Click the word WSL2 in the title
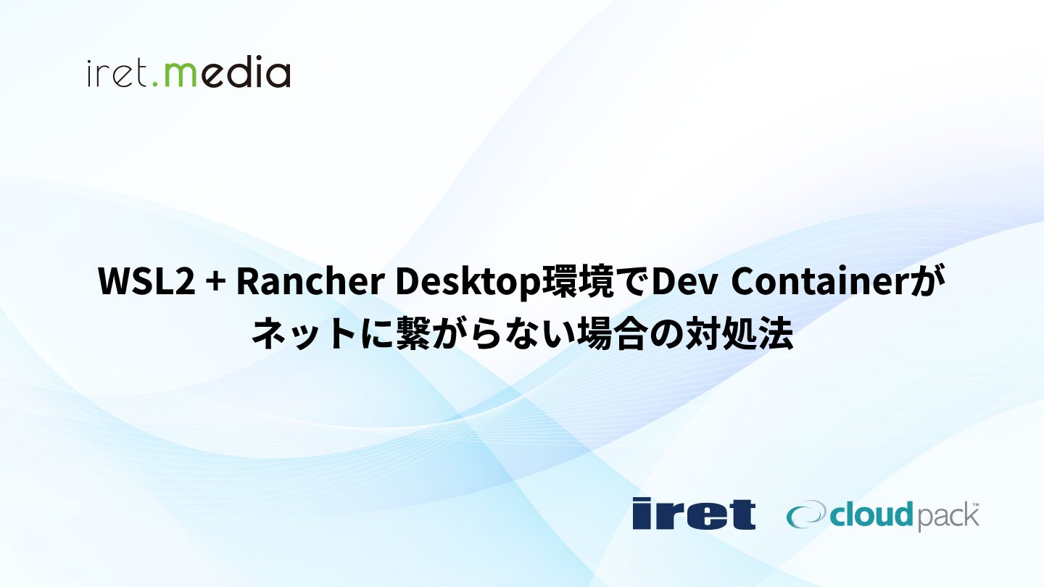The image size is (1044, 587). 146,281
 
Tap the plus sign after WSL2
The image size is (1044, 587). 216,283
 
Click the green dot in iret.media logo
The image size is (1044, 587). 155,83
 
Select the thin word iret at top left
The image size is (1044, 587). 117,74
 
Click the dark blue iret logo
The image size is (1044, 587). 694,513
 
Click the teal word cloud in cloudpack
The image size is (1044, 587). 871,515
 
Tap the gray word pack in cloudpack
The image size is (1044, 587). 945,517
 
